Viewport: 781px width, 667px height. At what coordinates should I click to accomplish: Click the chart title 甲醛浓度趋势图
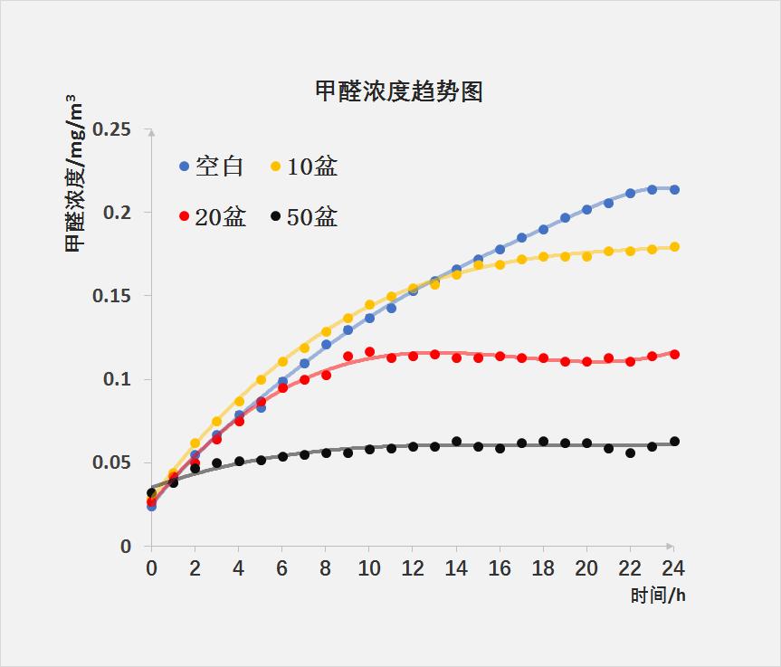398,91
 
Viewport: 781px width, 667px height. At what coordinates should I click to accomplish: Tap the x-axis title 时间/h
658,596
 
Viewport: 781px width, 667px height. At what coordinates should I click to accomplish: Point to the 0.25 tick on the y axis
111,129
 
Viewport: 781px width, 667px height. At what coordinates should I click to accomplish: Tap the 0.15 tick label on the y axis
111,296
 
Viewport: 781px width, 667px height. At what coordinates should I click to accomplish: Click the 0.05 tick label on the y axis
111,462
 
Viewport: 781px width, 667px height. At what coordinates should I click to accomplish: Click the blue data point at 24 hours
674,190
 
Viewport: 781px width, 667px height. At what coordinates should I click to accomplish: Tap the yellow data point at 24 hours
674,247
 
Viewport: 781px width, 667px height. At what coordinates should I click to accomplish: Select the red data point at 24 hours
674,355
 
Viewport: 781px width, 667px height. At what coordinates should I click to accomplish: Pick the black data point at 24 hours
674,442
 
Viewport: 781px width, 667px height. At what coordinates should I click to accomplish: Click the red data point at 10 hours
369,352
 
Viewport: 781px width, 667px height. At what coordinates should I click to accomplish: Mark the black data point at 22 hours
631,453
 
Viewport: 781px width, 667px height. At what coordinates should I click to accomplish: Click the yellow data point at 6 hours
282,362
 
